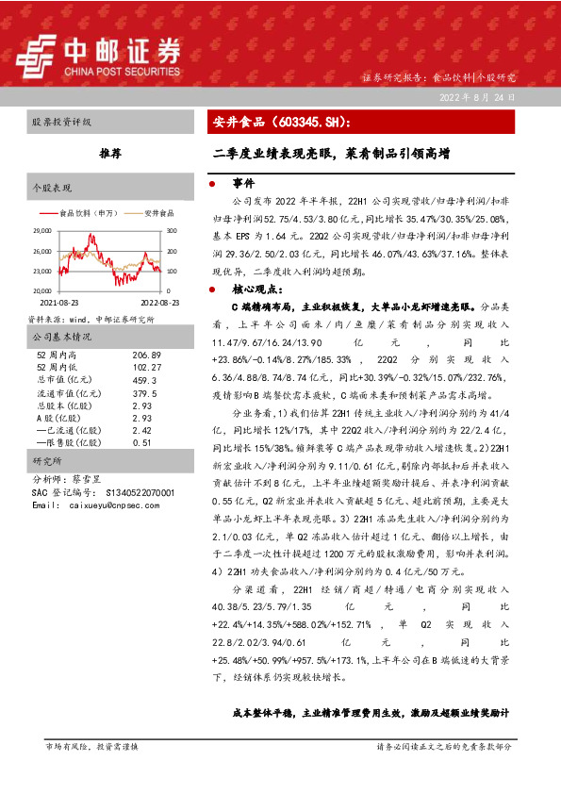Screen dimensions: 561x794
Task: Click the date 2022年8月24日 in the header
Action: click(x=476, y=97)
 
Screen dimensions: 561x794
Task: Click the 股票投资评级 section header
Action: click(x=62, y=123)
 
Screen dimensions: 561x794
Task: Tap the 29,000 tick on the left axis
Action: click(x=41, y=231)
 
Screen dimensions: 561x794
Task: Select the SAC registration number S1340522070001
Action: click(x=121, y=493)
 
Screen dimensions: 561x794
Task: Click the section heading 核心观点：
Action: click(x=255, y=289)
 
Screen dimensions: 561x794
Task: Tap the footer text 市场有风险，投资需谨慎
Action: click(x=92, y=747)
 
